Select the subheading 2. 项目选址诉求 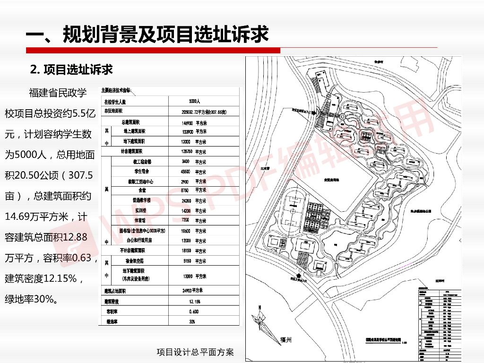point(71,69)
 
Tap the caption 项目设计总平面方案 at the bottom point(195,352)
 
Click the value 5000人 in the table point(195,102)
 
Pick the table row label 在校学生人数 point(115,102)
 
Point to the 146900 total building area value point(190,122)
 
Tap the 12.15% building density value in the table point(194,301)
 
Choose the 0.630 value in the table point(193,311)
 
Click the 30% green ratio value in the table point(192,321)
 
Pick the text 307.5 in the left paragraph point(81,175)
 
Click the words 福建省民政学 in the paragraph point(58,93)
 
